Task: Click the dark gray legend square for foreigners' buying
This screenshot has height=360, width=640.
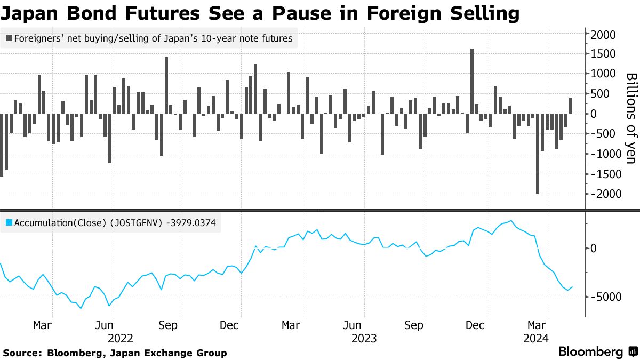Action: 9,38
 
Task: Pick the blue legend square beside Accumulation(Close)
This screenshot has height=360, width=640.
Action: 9,223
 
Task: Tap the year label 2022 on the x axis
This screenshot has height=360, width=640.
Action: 121,338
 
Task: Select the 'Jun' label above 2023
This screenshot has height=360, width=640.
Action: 353,325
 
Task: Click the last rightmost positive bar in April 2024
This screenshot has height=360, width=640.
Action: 570,106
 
